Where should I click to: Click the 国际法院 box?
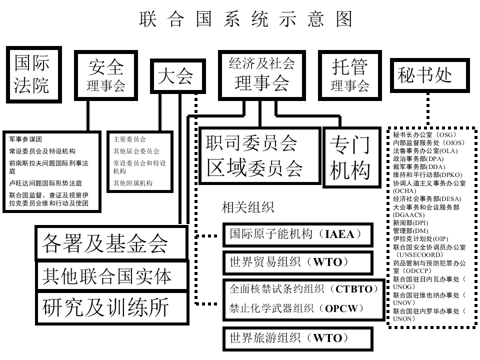pyautogui.click(x=32, y=74)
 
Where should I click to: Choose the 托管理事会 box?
pyautogui.click(x=350, y=75)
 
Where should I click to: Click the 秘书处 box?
pyautogui.click(x=429, y=75)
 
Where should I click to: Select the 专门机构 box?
pyautogui.click(x=349, y=155)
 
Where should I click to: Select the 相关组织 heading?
pyautogui.click(x=248, y=207)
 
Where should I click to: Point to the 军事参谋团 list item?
pyautogui.click(x=25, y=138)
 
